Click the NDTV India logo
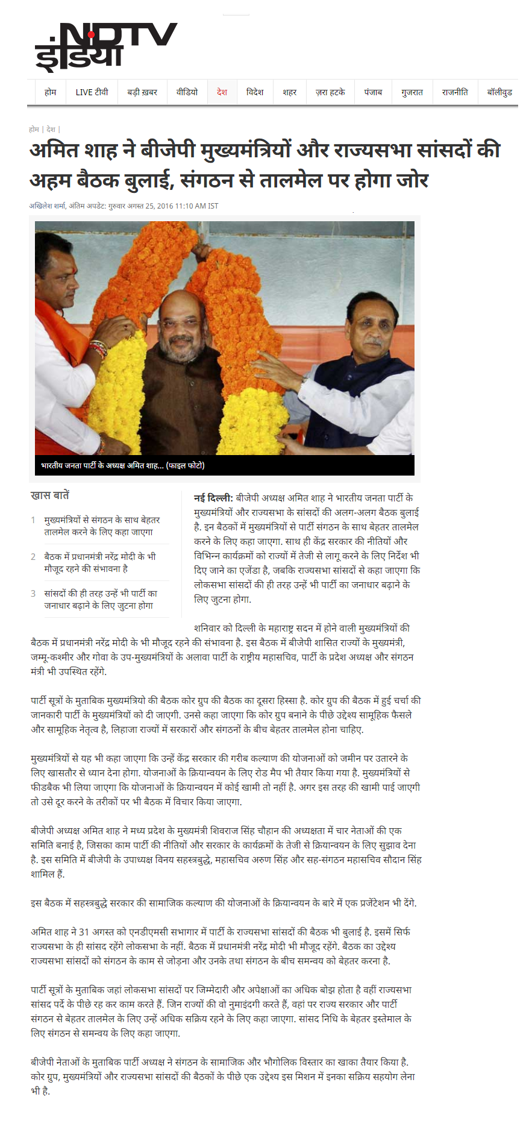pyautogui.click(x=105, y=46)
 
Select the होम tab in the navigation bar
pyautogui.click(x=50, y=92)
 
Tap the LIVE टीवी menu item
pyautogui.click(x=92, y=92)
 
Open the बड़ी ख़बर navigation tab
pyautogui.click(x=142, y=92)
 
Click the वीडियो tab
pyautogui.click(x=187, y=92)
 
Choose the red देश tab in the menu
pyautogui.click(x=222, y=92)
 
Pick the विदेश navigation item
pyautogui.click(x=255, y=92)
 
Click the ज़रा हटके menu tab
pyautogui.click(x=330, y=92)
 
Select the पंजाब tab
pyautogui.click(x=373, y=92)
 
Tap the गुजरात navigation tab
pyautogui.click(x=412, y=92)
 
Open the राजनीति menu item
pyautogui.click(x=455, y=92)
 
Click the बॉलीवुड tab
pyautogui.click(x=499, y=92)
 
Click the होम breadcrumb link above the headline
pyautogui.click(x=34, y=129)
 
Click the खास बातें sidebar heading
pyautogui.click(x=50, y=495)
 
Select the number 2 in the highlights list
pyautogui.click(x=33, y=557)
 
